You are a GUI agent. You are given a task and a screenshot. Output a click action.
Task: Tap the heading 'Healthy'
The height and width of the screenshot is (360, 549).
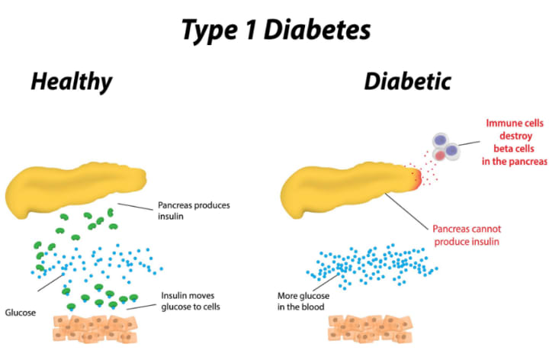pyautogui.click(x=71, y=82)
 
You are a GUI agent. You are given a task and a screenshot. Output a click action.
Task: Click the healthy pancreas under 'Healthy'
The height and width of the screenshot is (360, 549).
pyautogui.click(x=76, y=188)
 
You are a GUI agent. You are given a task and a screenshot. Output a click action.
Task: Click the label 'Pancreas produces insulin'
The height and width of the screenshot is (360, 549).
pyautogui.click(x=193, y=211)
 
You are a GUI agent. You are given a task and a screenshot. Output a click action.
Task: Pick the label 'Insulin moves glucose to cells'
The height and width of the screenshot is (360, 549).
pyautogui.click(x=195, y=301)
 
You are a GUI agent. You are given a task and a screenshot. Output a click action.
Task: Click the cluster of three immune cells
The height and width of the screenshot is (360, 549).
pyautogui.click(x=445, y=146)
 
